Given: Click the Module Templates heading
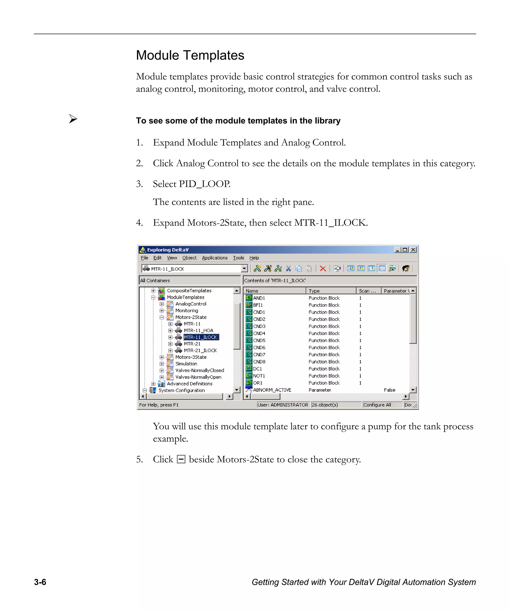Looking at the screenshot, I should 190,55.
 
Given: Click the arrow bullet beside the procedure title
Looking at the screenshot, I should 73,119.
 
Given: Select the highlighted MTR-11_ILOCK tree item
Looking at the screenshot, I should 201,337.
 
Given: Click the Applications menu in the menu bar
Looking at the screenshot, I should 214,258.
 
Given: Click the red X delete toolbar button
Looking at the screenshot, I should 323,269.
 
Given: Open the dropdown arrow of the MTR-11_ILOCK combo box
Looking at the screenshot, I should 245,269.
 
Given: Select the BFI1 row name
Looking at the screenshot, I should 258,305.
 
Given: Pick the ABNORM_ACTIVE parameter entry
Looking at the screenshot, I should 272,390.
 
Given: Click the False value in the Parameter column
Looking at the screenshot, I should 389,390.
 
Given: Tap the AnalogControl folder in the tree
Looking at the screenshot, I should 191,304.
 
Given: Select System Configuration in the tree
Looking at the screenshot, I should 181,390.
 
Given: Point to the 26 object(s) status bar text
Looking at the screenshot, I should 325,405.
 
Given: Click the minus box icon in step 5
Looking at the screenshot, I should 181,459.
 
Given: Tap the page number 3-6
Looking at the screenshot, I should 40,582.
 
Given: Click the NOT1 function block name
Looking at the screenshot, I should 259,376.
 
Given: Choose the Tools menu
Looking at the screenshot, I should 238,258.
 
